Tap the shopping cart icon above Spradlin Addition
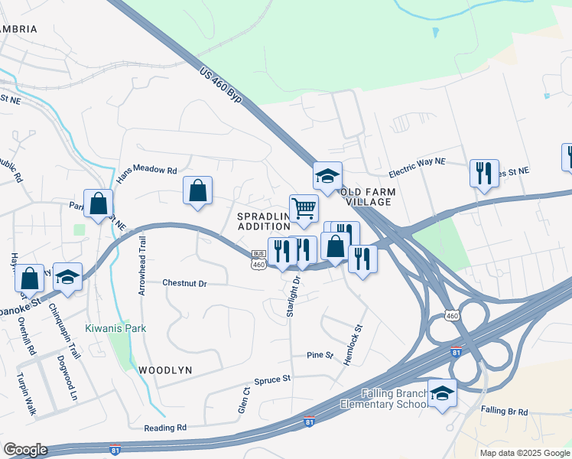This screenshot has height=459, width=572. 304,208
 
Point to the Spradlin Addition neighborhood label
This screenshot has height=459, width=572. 265,221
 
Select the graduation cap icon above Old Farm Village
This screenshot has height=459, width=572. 327,176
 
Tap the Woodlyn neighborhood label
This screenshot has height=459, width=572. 165,369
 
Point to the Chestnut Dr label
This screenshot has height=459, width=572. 184,283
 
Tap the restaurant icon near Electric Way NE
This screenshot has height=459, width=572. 484,174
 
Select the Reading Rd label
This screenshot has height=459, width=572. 164,428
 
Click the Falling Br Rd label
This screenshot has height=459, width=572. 504,412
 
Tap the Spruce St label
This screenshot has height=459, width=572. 276,379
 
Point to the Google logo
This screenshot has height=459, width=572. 25,450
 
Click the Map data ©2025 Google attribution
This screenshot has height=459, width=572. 524,453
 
